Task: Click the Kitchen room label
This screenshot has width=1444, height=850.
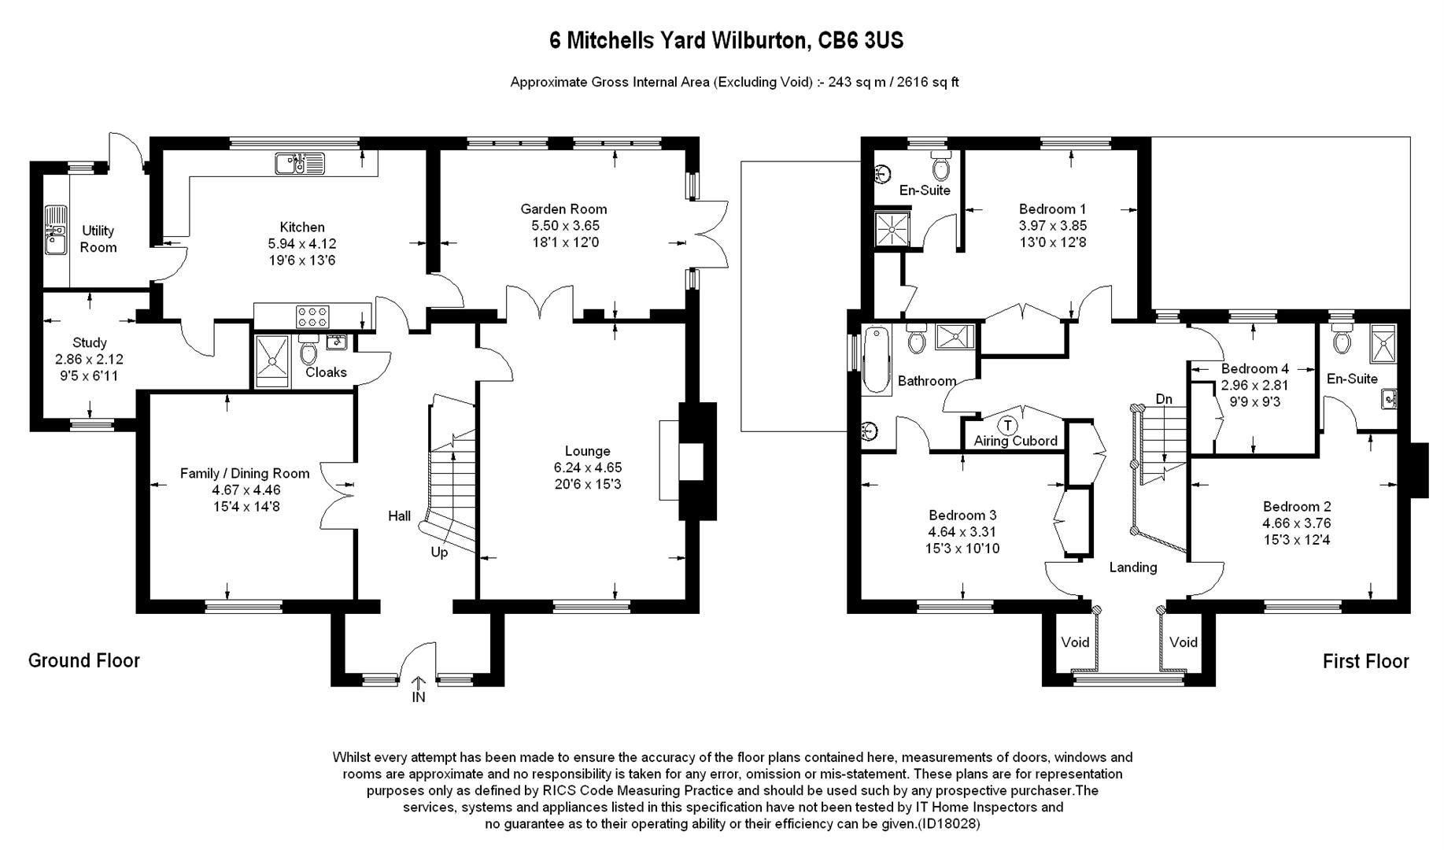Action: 302,227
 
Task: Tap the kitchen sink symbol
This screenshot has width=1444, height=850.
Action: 299,164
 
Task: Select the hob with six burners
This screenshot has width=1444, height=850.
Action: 312,316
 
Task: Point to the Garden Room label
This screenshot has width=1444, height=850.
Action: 563,209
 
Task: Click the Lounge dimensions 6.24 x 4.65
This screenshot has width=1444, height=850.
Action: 587,468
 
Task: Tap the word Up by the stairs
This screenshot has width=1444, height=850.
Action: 439,552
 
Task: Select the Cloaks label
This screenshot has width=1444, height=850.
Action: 326,372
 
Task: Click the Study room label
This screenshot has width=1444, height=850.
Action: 89,343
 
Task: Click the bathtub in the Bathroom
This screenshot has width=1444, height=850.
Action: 876,360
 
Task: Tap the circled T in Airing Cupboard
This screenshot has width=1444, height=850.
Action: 1007,425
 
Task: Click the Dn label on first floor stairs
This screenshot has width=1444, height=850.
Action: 1164,399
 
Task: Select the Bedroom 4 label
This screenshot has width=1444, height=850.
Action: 1254,368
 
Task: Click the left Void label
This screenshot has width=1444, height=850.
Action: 1075,642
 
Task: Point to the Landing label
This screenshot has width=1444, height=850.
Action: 1132,567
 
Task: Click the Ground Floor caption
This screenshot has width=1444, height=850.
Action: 84,660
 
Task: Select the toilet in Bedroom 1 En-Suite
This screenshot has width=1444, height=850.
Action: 941,168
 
